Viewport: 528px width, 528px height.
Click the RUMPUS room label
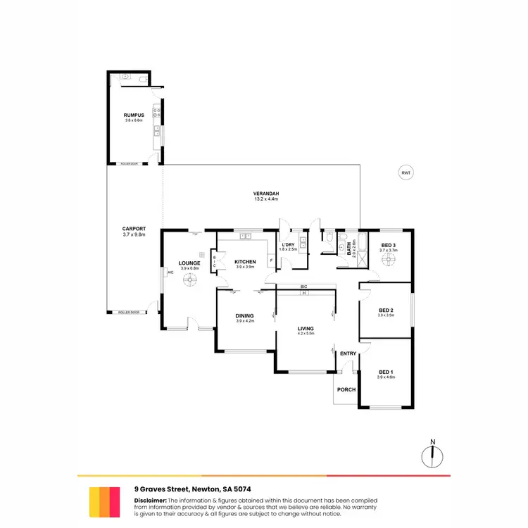coord(133,115)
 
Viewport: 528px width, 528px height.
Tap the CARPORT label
coord(133,229)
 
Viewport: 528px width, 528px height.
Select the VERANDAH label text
coord(267,194)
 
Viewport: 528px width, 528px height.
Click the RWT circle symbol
coord(405,172)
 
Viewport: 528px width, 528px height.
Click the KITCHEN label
coord(245,262)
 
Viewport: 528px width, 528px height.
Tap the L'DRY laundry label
coord(289,244)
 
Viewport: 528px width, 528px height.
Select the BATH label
coord(349,249)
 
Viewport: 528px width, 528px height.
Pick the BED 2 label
coord(386,310)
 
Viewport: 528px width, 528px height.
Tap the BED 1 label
coord(386,372)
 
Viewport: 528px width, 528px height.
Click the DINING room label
coord(244,315)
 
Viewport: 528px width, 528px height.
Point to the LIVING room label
coord(305,328)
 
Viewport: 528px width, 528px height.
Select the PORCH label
coord(346,390)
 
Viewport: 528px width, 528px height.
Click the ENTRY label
coord(347,353)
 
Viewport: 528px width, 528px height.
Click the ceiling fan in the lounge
coord(189,281)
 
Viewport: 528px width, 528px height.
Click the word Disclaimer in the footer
coord(150,500)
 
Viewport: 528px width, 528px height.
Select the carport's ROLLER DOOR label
coord(128,312)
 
